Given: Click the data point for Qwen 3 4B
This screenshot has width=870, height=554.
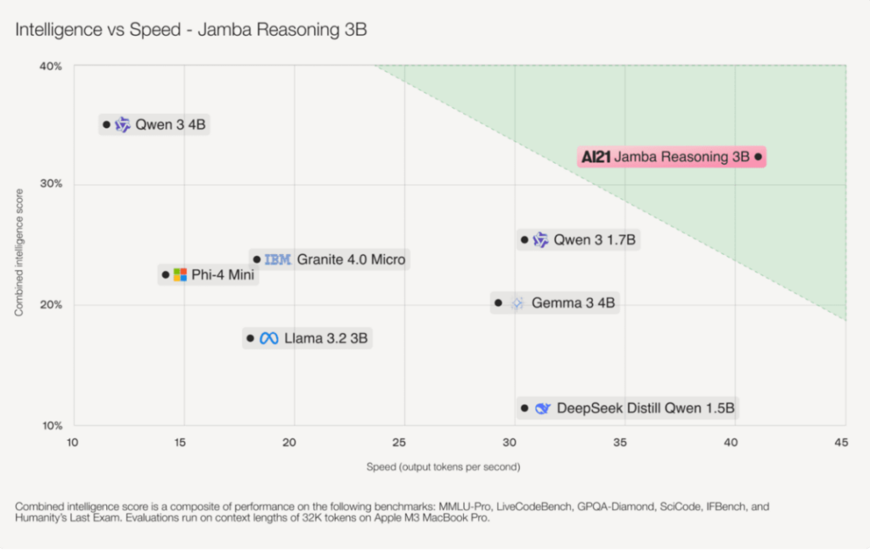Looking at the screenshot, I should click(x=106, y=125).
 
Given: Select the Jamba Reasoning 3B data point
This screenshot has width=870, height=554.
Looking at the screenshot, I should click(x=758, y=156).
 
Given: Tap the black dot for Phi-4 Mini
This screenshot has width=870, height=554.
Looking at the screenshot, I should click(x=166, y=274).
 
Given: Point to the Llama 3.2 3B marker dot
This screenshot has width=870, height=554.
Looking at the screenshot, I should click(x=250, y=338).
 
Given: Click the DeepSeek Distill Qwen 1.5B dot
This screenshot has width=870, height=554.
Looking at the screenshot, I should click(x=524, y=409).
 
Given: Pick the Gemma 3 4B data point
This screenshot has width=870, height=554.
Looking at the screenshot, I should click(x=499, y=302).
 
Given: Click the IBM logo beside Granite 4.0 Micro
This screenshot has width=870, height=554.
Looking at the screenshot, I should click(x=278, y=259).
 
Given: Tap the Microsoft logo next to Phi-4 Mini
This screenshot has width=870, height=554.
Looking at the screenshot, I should click(x=180, y=274).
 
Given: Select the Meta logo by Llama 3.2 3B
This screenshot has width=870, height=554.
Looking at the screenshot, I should click(x=269, y=338).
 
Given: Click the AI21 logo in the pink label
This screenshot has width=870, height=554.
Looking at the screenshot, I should click(x=595, y=157).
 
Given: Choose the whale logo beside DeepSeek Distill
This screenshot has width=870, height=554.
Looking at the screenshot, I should click(x=542, y=409).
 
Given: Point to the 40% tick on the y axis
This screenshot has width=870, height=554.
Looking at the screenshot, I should click(x=52, y=66).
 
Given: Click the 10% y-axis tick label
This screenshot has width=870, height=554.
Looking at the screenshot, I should click(x=52, y=426).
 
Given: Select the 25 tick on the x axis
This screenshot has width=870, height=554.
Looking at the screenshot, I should click(x=404, y=443).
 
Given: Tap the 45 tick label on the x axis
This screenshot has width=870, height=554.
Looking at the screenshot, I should click(x=841, y=443).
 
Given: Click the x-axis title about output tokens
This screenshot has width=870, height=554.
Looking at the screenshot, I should click(x=443, y=466).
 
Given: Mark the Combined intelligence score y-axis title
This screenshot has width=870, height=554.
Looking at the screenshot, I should click(x=19, y=246).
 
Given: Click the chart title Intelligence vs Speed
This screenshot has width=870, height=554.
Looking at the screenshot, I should click(x=191, y=30).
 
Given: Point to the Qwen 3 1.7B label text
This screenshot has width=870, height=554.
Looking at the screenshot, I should click(x=594, y=240).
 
